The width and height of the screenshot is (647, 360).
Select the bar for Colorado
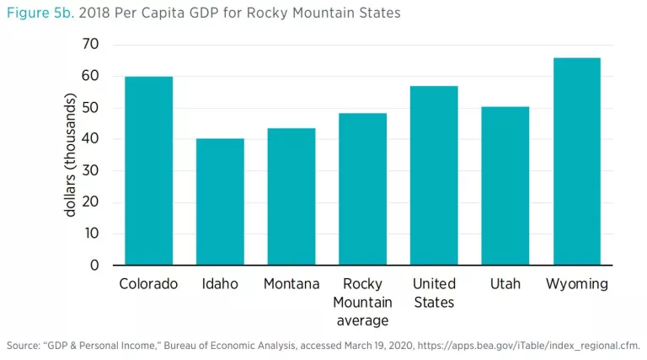(148, 171)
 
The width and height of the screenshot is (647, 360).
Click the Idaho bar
(220, 202)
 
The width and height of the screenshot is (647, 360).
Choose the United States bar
(434, 176)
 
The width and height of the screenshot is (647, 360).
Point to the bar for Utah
(505, 186)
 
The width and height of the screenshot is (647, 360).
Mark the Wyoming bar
(577, 162)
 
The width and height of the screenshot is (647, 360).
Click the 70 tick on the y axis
(89, 44)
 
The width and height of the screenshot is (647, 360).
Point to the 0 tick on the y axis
(94, 266)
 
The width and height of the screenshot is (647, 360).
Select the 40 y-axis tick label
(89, 139)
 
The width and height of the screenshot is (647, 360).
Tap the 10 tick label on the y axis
(89, 234)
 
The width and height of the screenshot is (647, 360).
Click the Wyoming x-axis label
(577, 284)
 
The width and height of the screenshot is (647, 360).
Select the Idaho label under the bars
(220, 284)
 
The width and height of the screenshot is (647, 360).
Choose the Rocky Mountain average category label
(363, 302)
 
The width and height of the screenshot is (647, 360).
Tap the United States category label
(434, 293)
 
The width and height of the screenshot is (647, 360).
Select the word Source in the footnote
(23, 345)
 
